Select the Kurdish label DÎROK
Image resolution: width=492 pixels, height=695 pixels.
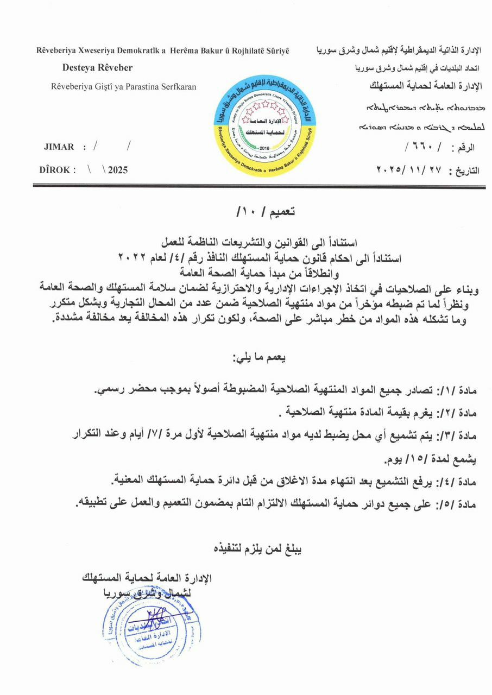(54, 170)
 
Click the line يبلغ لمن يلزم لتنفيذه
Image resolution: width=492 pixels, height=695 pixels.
(257, 549)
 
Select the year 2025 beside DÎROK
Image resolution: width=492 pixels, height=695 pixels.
(118, 170)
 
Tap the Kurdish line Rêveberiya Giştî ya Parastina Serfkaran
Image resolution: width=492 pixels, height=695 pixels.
(124, 86)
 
